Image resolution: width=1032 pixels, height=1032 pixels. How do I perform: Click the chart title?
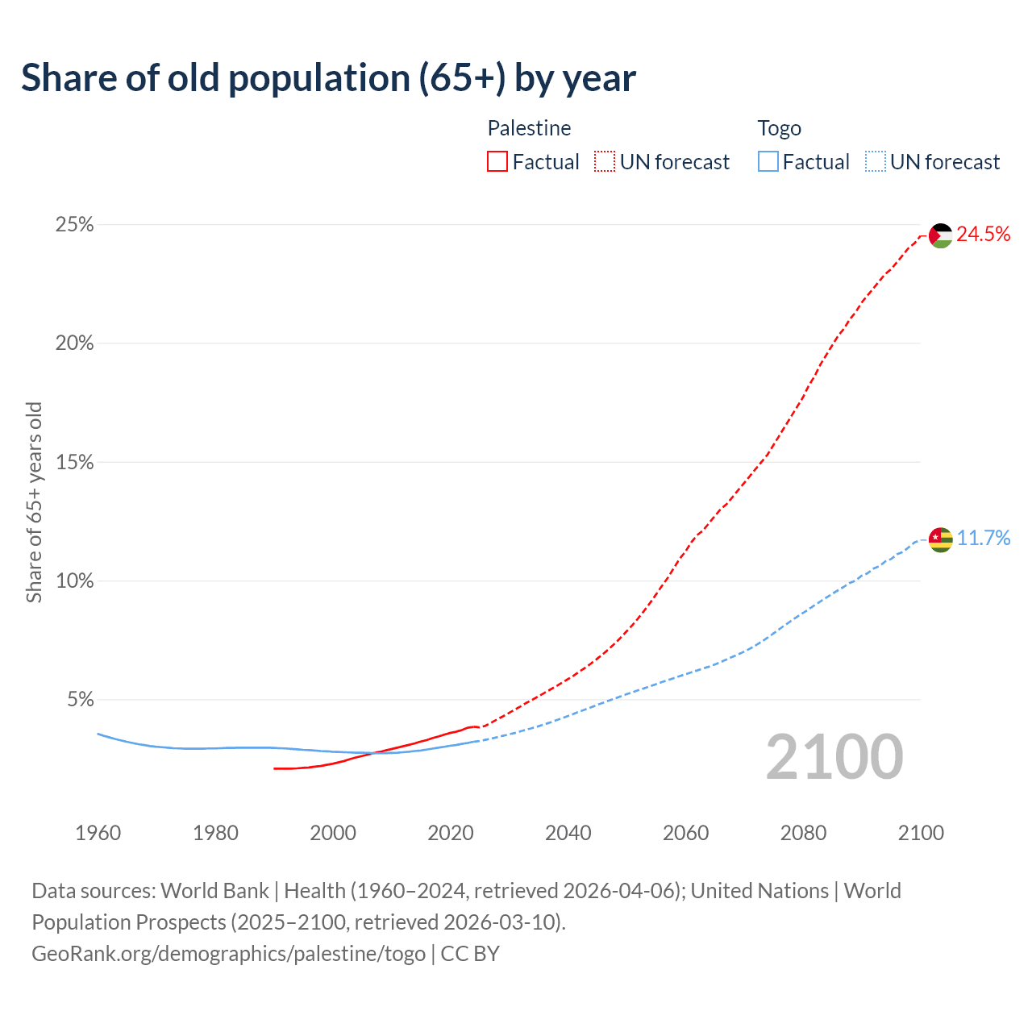[328, 78]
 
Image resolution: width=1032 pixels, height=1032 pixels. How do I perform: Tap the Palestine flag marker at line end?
[941, 235]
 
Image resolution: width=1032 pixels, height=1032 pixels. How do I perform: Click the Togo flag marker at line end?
[941, 539]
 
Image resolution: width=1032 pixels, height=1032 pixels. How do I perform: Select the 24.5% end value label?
[983, 235]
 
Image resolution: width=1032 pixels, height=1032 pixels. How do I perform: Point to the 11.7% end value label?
[983, 539]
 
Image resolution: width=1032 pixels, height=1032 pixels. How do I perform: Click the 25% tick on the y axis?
[74, 225]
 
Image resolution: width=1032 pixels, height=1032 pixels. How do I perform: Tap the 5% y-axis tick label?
[80, 700]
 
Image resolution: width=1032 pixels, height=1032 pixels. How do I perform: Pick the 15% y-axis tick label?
[74, 463]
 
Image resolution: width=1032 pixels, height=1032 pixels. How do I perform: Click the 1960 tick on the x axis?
[98, 833]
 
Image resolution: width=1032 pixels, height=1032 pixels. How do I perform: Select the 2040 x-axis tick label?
[568, 833]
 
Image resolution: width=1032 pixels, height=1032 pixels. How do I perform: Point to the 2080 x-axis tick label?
[803, 833]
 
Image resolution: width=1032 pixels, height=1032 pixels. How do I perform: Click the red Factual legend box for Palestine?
[497, 162]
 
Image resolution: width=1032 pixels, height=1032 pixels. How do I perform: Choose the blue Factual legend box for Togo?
[768, 162]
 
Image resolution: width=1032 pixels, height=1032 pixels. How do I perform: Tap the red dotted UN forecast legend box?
[605, 162]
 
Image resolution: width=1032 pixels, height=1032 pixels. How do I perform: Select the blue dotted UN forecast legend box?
[875, 162]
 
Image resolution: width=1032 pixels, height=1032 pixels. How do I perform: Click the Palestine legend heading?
[529, 128]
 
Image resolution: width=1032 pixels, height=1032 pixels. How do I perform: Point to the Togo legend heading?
[779, 128]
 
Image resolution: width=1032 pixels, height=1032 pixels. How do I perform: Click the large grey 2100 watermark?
[834, 757]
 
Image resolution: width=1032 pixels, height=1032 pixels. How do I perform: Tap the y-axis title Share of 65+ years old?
[34, 501]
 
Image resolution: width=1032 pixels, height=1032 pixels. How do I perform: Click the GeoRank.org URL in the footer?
[228, 954]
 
